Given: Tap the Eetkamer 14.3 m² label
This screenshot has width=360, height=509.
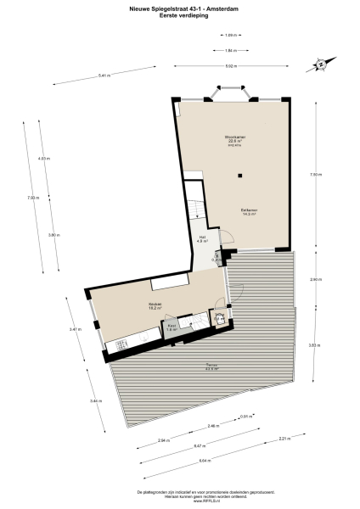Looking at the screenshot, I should coord(249,211).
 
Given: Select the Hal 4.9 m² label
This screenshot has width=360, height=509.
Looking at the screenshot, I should coord(202,239).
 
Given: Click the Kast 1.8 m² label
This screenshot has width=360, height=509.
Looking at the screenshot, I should coord(171,327).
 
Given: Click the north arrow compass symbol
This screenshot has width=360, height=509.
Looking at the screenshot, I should coord(321,64).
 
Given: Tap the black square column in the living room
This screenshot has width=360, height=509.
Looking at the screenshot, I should coord(241,176).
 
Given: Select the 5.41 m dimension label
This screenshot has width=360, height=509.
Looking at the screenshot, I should coord(104,77).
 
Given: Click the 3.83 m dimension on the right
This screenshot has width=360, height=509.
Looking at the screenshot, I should coord(313,345).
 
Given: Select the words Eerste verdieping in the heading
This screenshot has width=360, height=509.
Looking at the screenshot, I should coord(180,12).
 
